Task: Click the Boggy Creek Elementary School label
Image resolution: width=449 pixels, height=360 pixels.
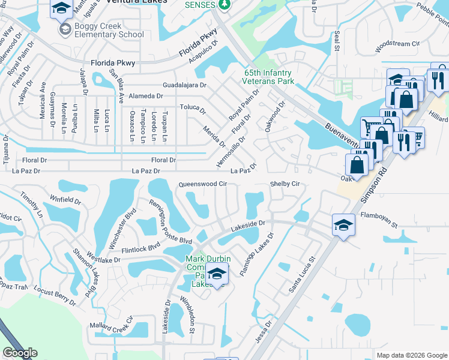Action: tap(109, 30)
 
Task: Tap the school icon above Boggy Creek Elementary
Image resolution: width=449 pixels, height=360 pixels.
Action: tap(62, 10)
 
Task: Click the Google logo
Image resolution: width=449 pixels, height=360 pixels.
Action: tap(20, 353)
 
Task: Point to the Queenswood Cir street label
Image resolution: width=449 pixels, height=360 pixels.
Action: tap(203, 184)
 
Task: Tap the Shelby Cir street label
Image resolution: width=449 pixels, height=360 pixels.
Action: tap(284, 184)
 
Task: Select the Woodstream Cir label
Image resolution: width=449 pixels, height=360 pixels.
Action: tap(396, 44)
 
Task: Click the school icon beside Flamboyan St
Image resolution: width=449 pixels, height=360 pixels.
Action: tap(343, 225)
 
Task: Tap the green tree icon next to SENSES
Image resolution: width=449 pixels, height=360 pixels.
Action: tap(224, 5)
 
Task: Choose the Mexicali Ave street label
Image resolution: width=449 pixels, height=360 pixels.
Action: tap(43, 100)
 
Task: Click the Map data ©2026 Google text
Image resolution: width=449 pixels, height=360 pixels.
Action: tap(412, 355)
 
